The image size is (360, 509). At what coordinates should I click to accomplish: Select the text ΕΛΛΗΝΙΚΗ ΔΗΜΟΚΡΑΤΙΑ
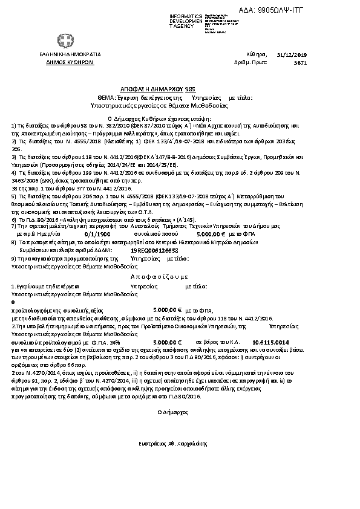61,54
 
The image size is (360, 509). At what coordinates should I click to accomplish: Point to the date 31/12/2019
296,54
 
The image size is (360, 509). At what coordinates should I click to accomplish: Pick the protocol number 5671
299,62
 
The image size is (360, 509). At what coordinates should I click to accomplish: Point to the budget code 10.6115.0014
266,342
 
